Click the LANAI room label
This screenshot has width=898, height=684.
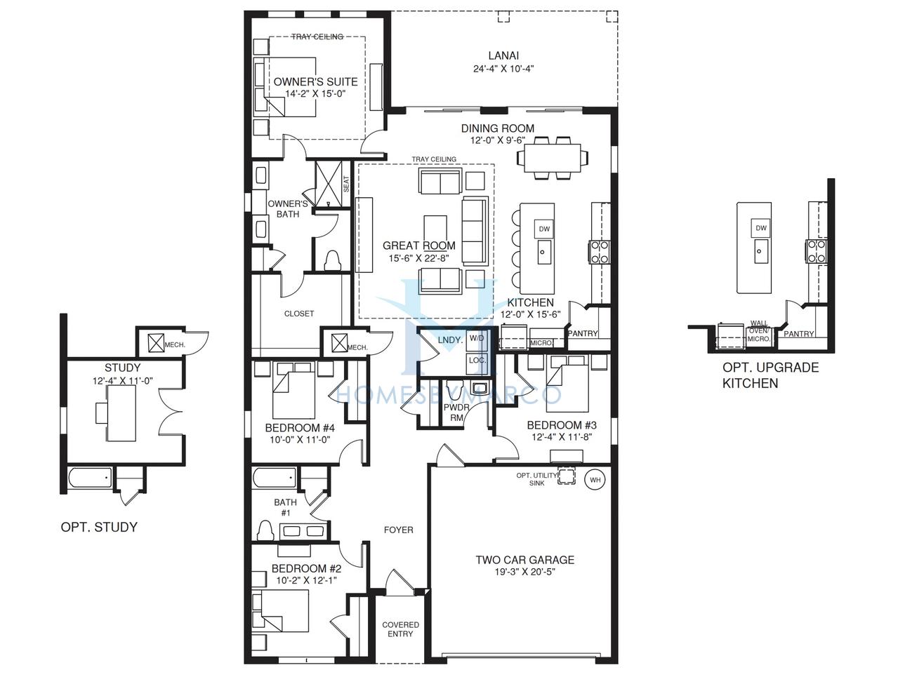coord(503,55)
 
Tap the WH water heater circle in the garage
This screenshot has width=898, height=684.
coord(595,480)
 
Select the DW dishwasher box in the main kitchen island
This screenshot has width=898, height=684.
coord(544,229)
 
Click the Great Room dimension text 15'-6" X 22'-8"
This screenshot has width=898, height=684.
coord(419,258)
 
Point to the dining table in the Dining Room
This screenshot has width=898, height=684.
coord(552,158)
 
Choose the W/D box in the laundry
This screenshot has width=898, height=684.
coord(477,338)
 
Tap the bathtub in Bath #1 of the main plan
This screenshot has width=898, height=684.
coord(275,478)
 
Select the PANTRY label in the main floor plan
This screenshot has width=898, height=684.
coord(583,333)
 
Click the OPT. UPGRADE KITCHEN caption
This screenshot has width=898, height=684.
coord(770,375)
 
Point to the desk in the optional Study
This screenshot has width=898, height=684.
coord(121,413)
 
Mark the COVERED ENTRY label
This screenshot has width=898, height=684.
coord(400,629)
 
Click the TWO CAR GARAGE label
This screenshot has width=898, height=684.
coord(525,559)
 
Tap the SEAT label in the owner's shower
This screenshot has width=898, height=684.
coord(347,185)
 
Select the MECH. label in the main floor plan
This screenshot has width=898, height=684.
coord(357,347)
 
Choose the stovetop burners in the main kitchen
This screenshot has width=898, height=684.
coord(600,252)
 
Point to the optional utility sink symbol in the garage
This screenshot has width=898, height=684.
coord(567,476)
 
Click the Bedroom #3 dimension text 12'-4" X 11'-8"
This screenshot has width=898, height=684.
coord(562,437)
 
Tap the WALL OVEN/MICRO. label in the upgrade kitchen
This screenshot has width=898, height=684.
coord(759,331)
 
